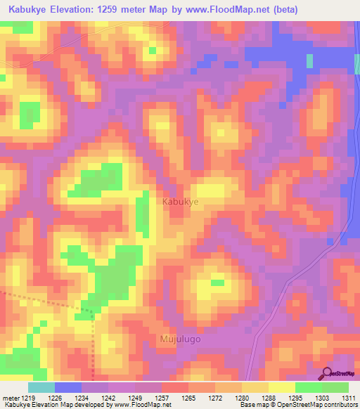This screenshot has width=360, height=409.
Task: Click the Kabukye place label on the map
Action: [181, 202]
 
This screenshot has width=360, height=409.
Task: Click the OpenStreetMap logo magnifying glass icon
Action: [326, 374]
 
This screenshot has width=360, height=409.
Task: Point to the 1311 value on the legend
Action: [349, 398]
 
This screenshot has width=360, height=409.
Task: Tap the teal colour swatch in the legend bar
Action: [41, 387]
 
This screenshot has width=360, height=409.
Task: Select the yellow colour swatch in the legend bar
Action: [281, 387]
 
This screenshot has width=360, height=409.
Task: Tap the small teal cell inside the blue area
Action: [309, 60]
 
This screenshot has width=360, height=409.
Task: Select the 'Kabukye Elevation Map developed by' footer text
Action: [49, 405]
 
